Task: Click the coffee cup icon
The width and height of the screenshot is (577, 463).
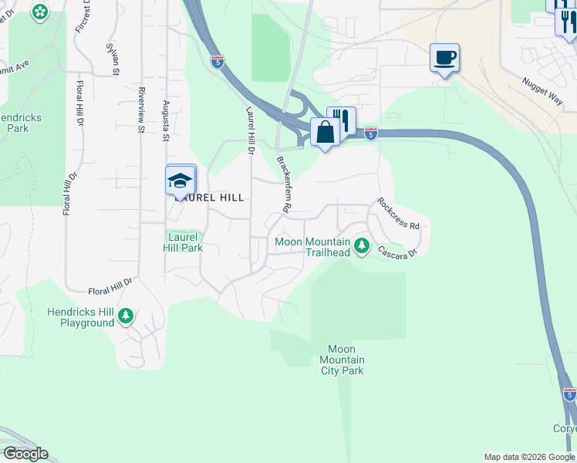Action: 444,57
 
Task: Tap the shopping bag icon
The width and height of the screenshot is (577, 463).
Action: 325,132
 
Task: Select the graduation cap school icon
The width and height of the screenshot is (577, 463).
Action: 180,181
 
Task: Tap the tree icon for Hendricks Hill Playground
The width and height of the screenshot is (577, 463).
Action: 126,316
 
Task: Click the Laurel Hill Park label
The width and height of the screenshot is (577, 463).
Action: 184,242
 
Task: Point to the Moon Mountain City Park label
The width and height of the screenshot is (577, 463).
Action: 342,360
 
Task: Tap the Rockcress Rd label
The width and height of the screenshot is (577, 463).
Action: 397,214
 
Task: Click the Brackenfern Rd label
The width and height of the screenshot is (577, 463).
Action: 283,184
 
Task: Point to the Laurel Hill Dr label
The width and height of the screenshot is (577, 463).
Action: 250,130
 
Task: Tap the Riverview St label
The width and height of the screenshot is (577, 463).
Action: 141,110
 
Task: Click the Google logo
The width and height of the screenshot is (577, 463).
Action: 25,454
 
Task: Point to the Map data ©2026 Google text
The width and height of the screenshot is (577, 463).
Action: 528,457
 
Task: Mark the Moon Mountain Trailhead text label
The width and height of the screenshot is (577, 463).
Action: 313,247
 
